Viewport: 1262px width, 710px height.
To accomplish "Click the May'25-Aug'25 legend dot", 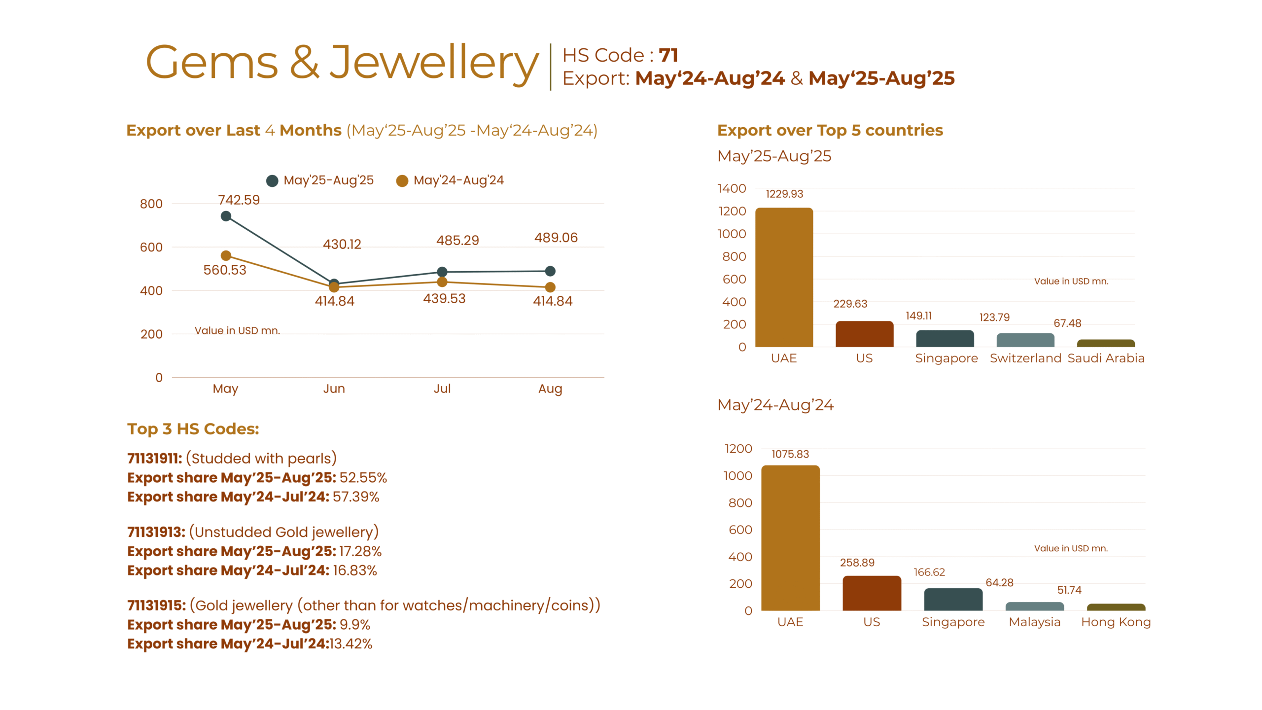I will coord(272,181).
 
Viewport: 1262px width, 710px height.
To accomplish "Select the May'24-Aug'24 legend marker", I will coord(402,181).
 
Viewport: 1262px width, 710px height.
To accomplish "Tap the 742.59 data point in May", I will coord(226,216).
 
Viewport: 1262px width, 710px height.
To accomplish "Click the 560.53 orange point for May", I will coord(226,255).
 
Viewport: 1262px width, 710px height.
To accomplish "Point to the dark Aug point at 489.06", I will coord(550,271).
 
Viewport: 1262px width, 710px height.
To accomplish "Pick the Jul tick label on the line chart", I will coord(442,389).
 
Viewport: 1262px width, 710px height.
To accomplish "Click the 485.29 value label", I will coord(457,241).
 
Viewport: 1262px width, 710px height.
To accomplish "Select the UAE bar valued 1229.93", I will coord(783,277).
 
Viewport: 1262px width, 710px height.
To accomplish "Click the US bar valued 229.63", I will coord(864,334).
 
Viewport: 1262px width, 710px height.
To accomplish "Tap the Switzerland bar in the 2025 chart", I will coord(1025,340).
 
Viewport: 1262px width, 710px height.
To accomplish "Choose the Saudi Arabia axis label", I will coord(1105,358).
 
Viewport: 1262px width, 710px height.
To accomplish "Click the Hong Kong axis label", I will coord(1115,622).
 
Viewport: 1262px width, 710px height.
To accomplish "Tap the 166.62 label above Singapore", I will coord(929,572).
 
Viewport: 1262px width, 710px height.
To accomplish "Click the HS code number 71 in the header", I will coord(668,55).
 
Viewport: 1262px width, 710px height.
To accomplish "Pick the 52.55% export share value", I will coord(363,478).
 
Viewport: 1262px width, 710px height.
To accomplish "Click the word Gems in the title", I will coord(212,63).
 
